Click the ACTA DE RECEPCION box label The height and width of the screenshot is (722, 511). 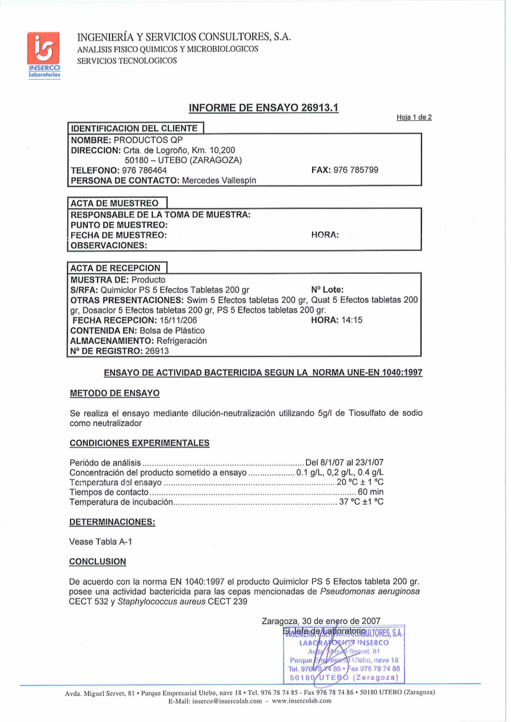click(x=116, y=268)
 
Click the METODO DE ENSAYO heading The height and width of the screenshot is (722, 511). click(x=114, y=393)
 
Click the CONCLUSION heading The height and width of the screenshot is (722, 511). click(x=97, y=561)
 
